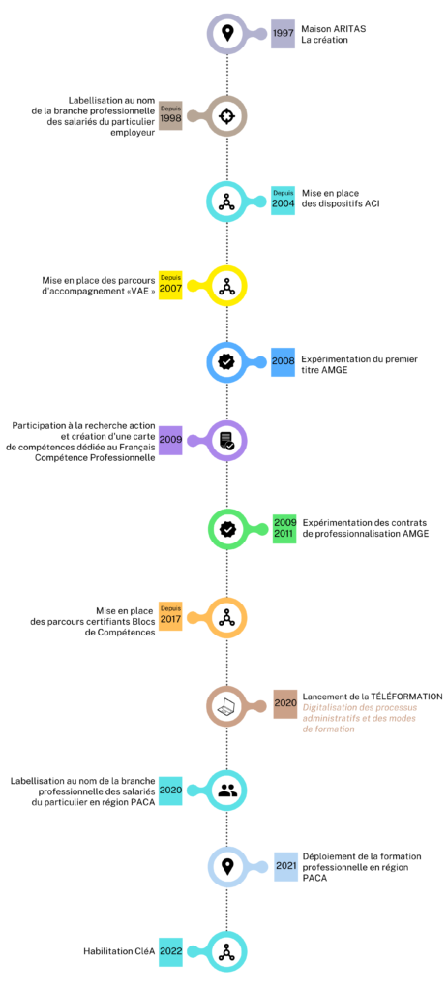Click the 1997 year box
point(283,34)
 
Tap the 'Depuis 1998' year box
point(170,116)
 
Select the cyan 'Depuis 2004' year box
point(283,201)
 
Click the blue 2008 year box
point(283,362)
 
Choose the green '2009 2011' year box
point(285,528)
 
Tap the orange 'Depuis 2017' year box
point(170,616)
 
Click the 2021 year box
point(286,866)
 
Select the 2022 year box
point(170,951)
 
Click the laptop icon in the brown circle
point(226,704)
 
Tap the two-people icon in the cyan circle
point(226,790)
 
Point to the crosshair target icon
point(226,116)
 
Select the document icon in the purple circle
point(226,441)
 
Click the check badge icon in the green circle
point(226,528)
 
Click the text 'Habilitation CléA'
point(119,951)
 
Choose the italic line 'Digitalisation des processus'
point(358,707)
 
